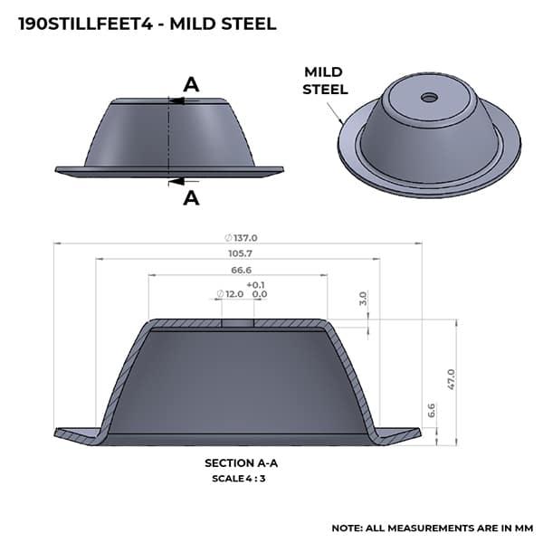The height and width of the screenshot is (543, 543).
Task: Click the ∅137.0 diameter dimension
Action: point(241,238)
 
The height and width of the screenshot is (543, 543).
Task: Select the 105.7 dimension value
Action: point(241,253)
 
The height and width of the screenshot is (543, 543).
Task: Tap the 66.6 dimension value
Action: point(241,270)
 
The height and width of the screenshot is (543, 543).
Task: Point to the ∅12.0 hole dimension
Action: point(230,294)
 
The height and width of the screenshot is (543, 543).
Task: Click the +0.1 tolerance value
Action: point(255,285)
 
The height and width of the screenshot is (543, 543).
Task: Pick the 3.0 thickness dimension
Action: point(363,298)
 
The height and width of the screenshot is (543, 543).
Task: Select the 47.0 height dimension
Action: point(452,379)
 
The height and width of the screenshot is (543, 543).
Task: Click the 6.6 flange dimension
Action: point(432,410)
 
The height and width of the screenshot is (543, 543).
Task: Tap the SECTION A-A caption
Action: point(241,463)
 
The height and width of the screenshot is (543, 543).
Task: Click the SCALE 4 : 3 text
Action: point(239,479)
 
